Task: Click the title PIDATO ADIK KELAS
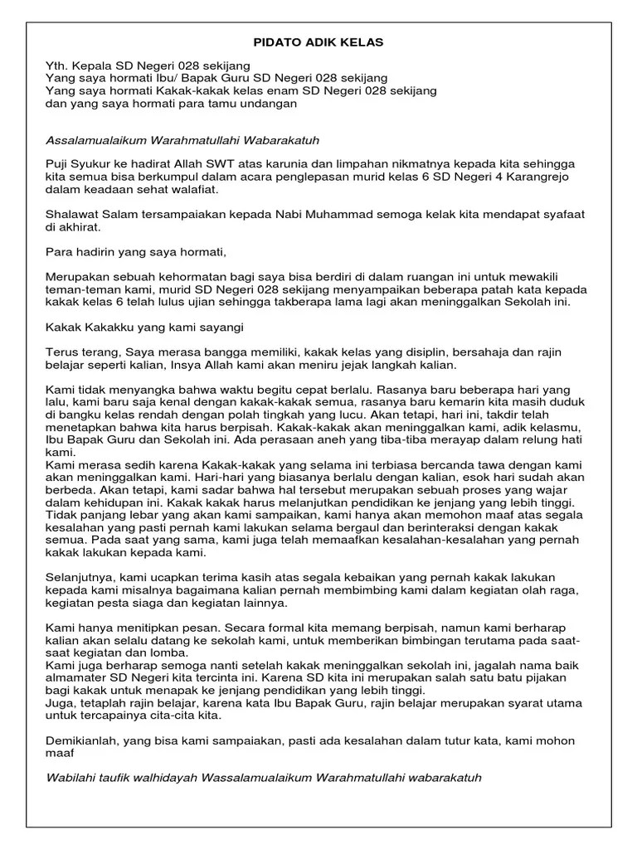pyautogui.click(x=318, y=41)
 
